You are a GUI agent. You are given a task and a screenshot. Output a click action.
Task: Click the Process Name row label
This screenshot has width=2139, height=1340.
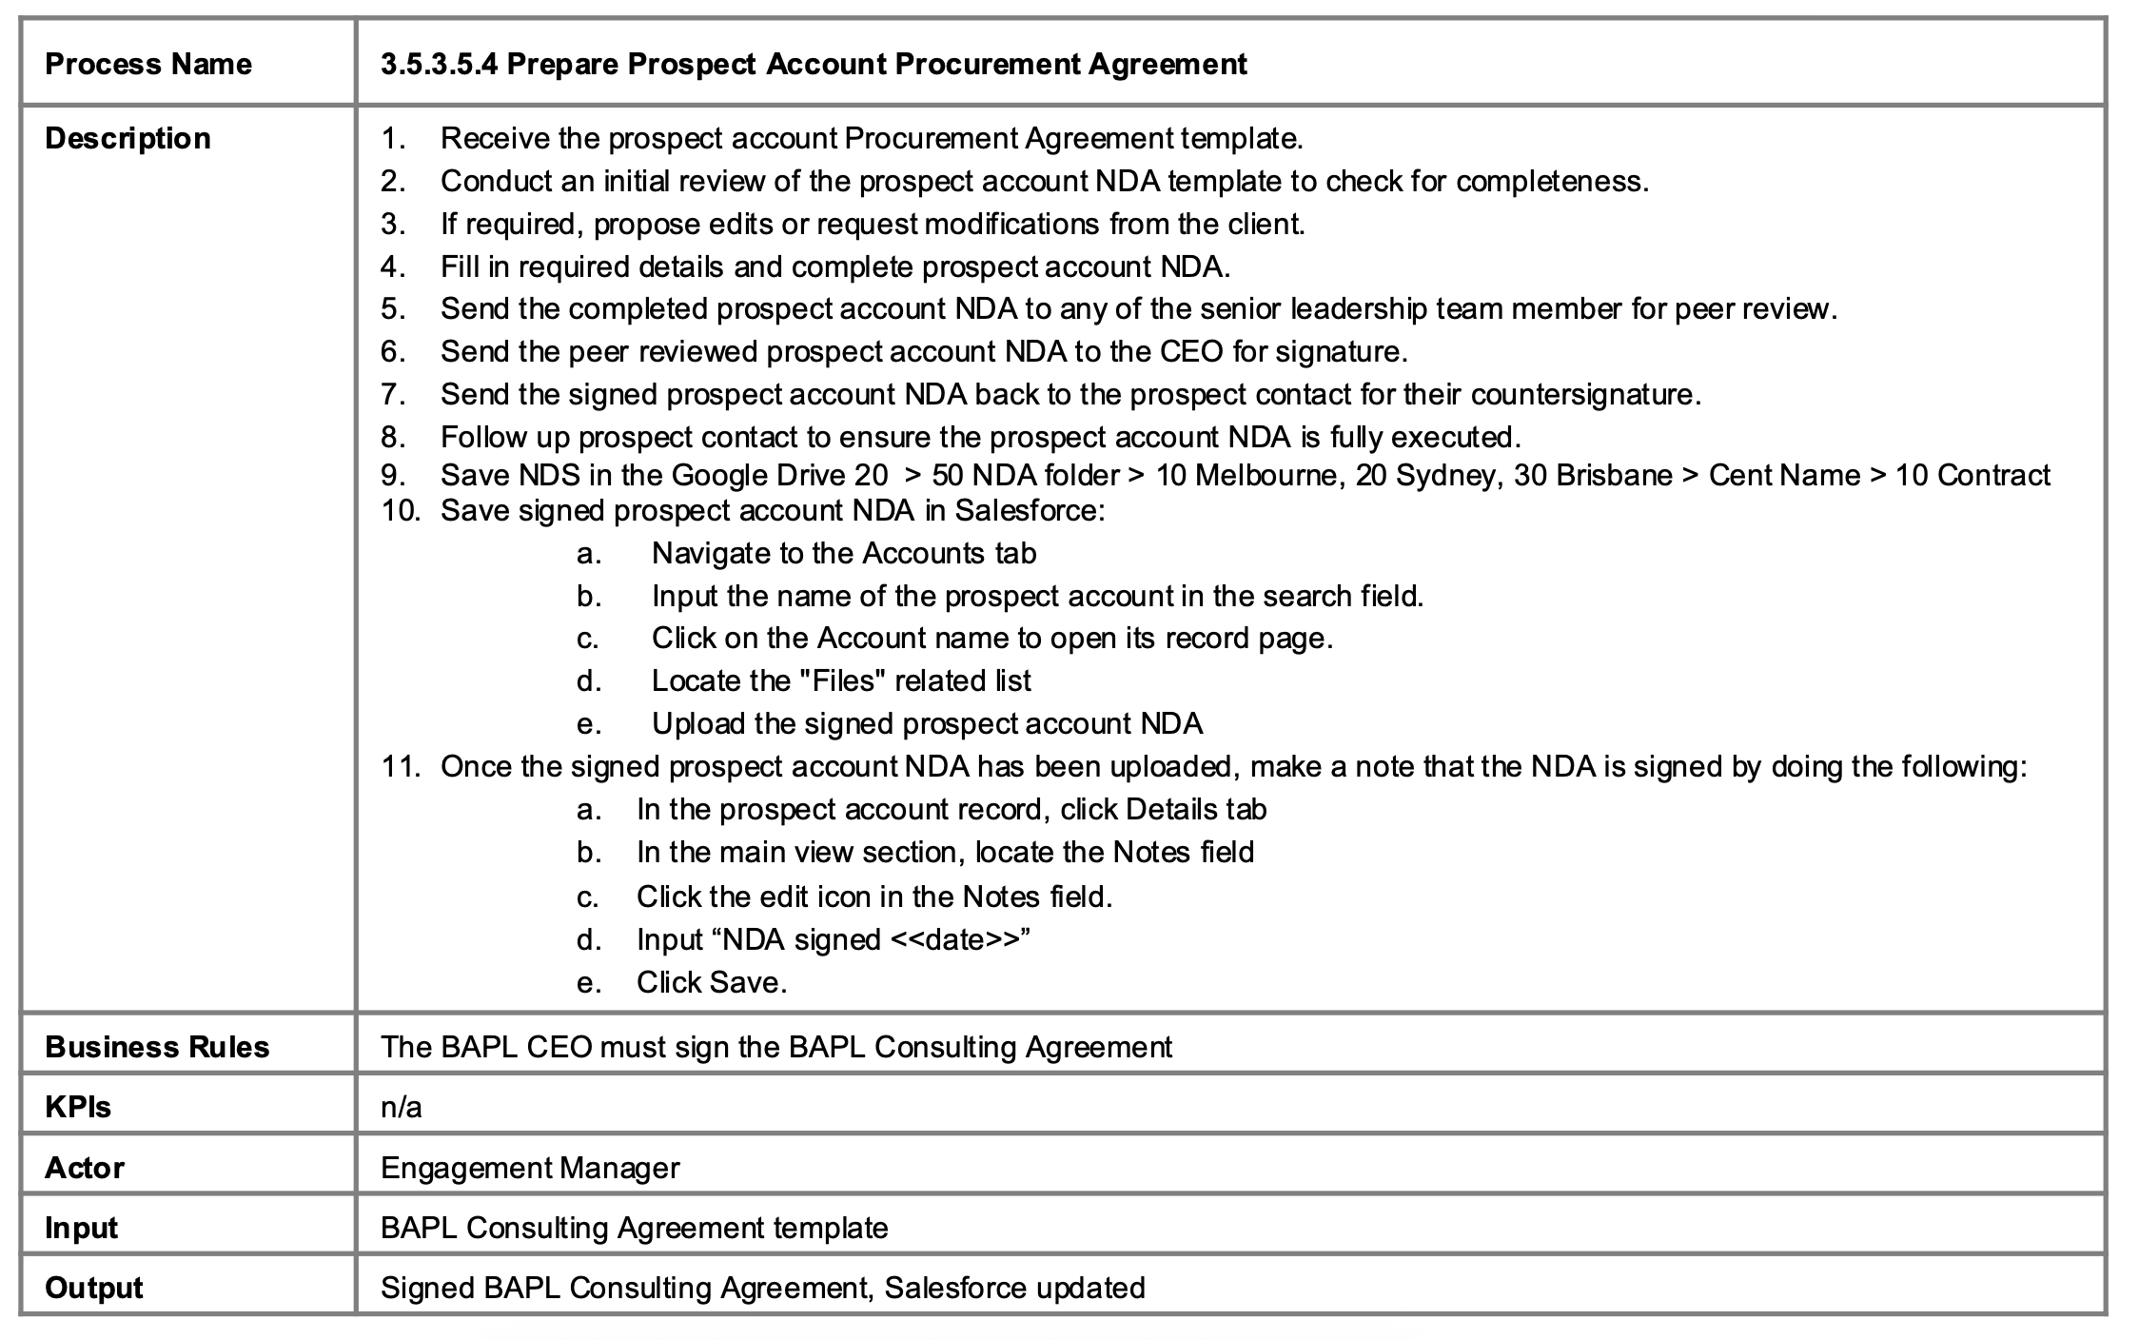coord(148,64)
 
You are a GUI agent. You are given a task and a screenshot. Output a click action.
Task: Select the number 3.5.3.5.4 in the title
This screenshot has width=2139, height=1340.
coord(439,64)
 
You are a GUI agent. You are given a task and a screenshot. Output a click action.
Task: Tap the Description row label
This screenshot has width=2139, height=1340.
coord(128,138)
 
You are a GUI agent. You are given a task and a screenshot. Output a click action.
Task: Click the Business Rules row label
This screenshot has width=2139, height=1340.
coord(157,1047)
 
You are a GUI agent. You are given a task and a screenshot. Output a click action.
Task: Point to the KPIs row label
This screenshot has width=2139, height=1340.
coord(78,1107)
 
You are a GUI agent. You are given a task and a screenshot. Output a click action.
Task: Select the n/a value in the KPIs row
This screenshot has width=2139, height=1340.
coord(401,1107)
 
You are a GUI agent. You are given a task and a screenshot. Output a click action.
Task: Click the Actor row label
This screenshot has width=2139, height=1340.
coord(85,1168)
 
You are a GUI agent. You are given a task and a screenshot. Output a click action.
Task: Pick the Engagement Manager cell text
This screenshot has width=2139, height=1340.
coord(530,1168)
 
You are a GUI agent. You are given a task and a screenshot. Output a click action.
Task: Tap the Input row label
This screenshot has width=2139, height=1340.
coord(82,1228)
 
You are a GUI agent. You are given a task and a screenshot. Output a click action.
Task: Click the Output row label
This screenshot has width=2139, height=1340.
coord(94,1288)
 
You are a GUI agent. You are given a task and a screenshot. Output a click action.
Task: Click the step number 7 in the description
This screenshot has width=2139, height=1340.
coord(392,394)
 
